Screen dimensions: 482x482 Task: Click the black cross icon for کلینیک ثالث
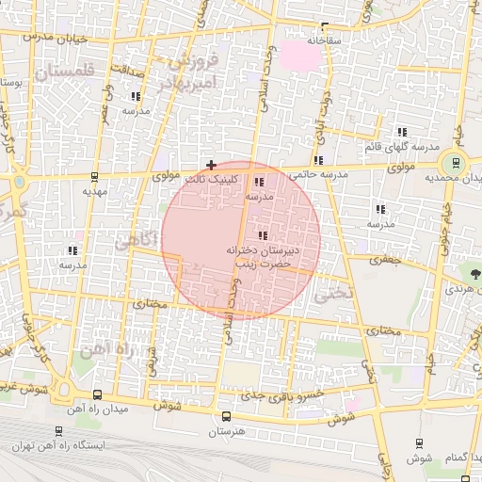[211, 165]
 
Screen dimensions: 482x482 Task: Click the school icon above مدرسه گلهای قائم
[401, 132]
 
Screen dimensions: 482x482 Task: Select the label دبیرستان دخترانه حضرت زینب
[260, 259]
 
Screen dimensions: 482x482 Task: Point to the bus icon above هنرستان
[225, 416]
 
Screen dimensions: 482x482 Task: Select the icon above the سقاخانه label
[326, 26]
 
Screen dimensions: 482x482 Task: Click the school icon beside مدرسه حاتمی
[320, 160]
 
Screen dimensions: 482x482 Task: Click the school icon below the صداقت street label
[136, 96]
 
